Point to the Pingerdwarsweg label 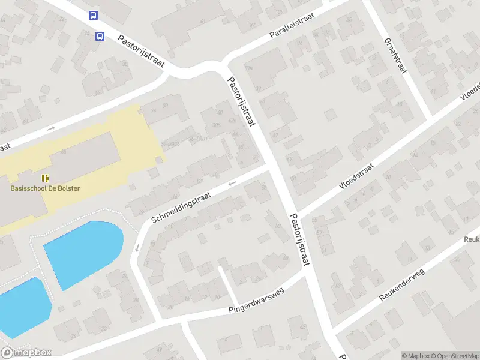pos(256,302)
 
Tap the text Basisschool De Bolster pos(45,188)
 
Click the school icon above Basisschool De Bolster pos(45,178)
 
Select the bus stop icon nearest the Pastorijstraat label pos(100,36)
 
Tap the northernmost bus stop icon pos(93,15)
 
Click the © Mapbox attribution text pos(416,356)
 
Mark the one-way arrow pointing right pos(51,128)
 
